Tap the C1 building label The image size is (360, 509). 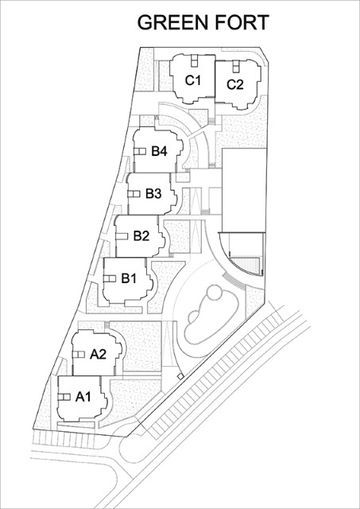click(193, 80)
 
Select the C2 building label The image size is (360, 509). click(234, 85)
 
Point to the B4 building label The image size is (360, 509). click(159, 151)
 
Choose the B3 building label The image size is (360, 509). click(153, 194)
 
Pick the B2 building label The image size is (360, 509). click(141, 236)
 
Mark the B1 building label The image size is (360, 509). click(129, 278)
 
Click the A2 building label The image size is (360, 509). click(98, 354)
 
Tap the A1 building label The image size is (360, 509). click(83, 397)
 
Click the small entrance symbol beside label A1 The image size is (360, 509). click(64, 397)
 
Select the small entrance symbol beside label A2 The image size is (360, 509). click(79, 355)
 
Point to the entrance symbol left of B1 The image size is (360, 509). click(110, 279)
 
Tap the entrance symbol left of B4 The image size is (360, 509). click(140, 152)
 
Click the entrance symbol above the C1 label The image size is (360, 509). click(194, 60)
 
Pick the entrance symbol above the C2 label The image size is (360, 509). click(236, 66)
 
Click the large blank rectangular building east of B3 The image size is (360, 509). click(244, 190)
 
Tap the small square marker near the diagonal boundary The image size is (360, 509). click(180, 376)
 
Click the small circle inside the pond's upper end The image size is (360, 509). click(215, 293)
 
